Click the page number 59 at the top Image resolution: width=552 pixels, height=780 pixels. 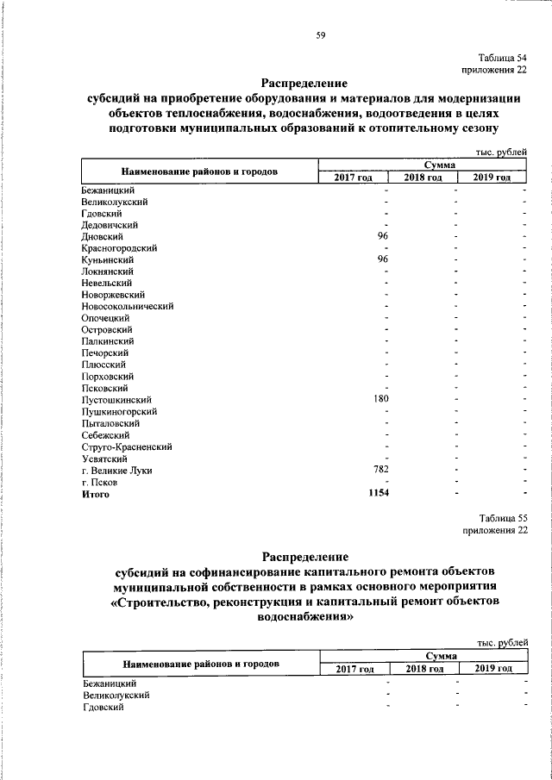point(320,35)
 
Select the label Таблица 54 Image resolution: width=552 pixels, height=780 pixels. point(503,55)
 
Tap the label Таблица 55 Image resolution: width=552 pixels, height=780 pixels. point(503,518)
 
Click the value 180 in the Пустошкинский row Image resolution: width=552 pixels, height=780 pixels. point(380,400)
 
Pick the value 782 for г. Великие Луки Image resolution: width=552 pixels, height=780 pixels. point(380,471)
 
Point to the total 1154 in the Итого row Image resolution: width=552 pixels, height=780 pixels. point(378,494)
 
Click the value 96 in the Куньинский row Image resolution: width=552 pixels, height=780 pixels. point(385,259)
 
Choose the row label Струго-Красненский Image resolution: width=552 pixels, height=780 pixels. point(127,447)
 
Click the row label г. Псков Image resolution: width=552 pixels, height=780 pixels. point(99,483)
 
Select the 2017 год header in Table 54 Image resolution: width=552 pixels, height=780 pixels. point(353,178)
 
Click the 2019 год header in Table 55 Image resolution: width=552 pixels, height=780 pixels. point(493,669)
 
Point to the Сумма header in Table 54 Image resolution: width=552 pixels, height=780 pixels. point(423,165)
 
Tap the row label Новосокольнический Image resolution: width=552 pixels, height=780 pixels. point(128,306)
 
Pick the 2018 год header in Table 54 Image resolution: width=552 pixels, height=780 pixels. point(423,178)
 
